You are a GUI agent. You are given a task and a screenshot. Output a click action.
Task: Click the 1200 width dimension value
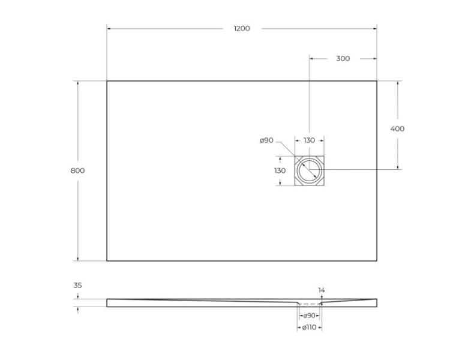point(242,28)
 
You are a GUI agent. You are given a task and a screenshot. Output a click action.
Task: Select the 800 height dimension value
point(77,170)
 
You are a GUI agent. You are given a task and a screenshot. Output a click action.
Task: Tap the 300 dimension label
point(343,58)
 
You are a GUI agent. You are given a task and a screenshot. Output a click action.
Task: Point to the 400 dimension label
point(397,128)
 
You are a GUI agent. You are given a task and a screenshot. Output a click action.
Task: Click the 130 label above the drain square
point(309,140)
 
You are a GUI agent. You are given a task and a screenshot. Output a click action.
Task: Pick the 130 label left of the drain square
point(280,170)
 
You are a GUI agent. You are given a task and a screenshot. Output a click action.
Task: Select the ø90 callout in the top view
point(266,140)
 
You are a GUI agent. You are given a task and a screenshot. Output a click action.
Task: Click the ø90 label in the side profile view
point(309,315)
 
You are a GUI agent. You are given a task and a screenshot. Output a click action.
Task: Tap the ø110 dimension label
point(309,327)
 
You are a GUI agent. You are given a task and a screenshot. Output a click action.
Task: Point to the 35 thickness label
point(77,286)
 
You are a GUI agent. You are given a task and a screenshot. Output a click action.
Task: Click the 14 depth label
point(322,290)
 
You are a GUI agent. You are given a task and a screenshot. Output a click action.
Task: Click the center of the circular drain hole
point(309,170)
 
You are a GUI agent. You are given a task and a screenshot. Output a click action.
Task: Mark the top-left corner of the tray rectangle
point(107,81)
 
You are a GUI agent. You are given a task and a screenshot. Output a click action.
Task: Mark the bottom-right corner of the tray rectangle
point(377,261)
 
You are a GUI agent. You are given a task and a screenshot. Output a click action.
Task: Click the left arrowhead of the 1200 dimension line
point(109,28)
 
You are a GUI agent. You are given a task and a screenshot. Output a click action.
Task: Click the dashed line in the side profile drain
point(309,304)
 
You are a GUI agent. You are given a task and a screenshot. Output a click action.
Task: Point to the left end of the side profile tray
point(108,302)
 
